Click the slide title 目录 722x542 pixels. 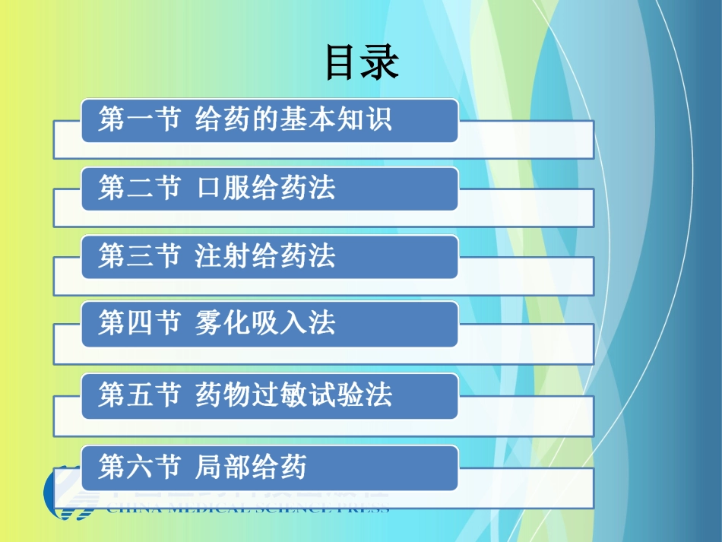(362, 63)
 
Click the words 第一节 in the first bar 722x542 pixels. (139, 119)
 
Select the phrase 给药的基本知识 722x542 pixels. (293, 119)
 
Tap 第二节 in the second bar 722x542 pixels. (139, 188)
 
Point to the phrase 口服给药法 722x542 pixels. (265, 188)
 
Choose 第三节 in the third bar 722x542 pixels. (139, 256)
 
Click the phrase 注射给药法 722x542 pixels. (265, 256)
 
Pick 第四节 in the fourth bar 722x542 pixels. (139, 324)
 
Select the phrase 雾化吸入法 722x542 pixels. (265, 324)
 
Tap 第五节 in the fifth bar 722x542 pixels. (139, 395)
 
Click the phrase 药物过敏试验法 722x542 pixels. (293, 395)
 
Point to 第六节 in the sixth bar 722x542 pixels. (139, 467)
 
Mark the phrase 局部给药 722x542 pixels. (251, 467)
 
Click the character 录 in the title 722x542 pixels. (381, 63)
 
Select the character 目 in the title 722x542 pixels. (342, 63)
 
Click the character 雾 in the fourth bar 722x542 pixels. (209, 324)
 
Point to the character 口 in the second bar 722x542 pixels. (209, 188)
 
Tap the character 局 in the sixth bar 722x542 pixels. (209, 467)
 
